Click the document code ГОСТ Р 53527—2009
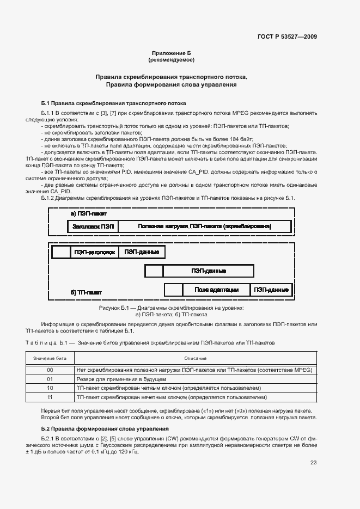pos(287,36)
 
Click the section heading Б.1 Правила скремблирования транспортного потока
pos(114,103)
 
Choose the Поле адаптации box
pos(216,290)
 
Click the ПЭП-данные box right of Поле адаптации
pos(271,290)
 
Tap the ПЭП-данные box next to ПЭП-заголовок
pos(142,252)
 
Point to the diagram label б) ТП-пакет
pos(86,292)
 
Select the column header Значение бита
pos(50,358)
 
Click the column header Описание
pos(195,358)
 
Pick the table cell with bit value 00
pos(50,370)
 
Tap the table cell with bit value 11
pos(50,397)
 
